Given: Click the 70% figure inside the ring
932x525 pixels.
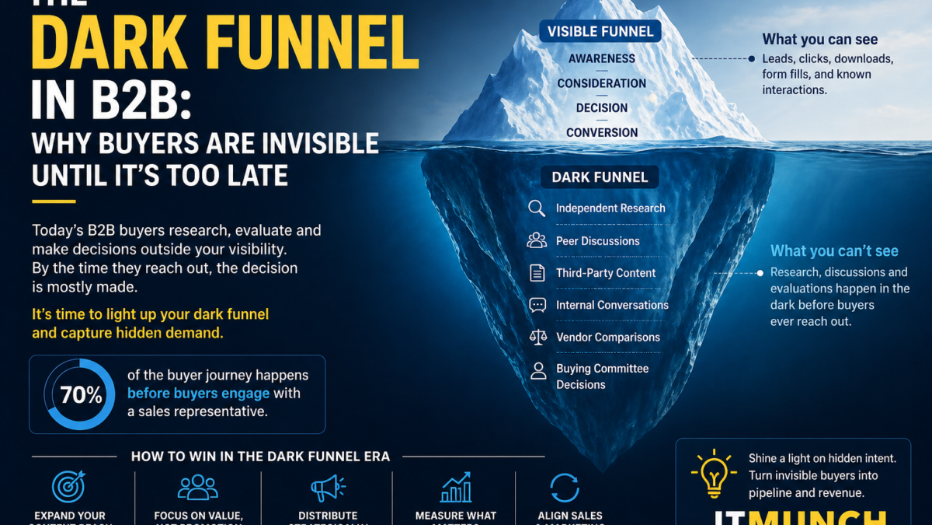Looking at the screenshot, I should (82, 395).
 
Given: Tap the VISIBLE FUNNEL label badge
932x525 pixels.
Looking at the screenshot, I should (600, 31).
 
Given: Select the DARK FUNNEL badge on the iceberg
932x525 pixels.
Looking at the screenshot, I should (600, 177).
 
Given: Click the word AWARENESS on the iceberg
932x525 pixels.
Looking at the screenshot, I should (601, 58).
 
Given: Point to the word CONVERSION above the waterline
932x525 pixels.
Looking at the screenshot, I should (601, 132).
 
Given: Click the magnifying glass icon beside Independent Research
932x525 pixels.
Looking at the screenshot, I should (537, 208).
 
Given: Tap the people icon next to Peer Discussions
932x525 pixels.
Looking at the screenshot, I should (537, 241).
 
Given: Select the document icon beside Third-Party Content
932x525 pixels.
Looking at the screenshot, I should (537, 273).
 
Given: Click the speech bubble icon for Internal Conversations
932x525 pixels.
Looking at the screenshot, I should (537, 305).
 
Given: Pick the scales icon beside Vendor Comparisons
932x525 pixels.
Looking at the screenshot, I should (537, 337).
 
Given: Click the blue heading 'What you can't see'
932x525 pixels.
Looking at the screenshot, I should (834, 250).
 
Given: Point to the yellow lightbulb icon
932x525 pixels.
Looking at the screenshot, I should (713, 473).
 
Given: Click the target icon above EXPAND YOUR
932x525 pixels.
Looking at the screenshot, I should (68, 487).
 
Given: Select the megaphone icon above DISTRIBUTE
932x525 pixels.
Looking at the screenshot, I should (328, 488).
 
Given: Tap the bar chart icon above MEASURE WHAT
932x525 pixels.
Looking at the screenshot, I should (456, 487).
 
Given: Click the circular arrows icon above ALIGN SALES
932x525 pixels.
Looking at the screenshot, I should (564, 488).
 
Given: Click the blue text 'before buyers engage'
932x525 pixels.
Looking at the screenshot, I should (198, 394).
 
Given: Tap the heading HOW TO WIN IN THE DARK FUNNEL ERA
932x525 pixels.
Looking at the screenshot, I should (260, 457).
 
